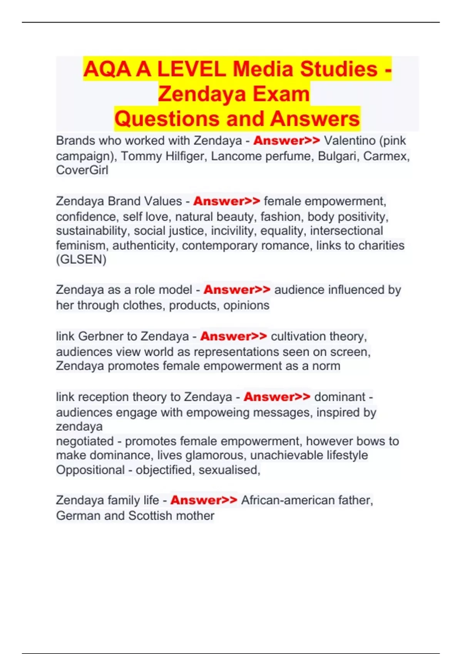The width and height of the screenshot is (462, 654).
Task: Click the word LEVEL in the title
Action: tap(191, 69)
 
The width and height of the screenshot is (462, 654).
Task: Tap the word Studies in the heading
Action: tap(339, 69)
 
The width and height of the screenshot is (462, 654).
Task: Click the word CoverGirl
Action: tap(82, 170)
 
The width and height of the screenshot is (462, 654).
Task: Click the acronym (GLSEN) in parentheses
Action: tap(81, 260)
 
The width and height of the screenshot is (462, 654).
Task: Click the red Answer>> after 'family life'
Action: tap(204, 500)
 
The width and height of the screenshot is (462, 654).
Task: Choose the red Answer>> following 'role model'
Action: tap(237, 290)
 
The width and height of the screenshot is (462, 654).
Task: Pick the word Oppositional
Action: tap(90, 470)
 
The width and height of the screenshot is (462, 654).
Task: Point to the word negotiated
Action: tap(85, 441)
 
